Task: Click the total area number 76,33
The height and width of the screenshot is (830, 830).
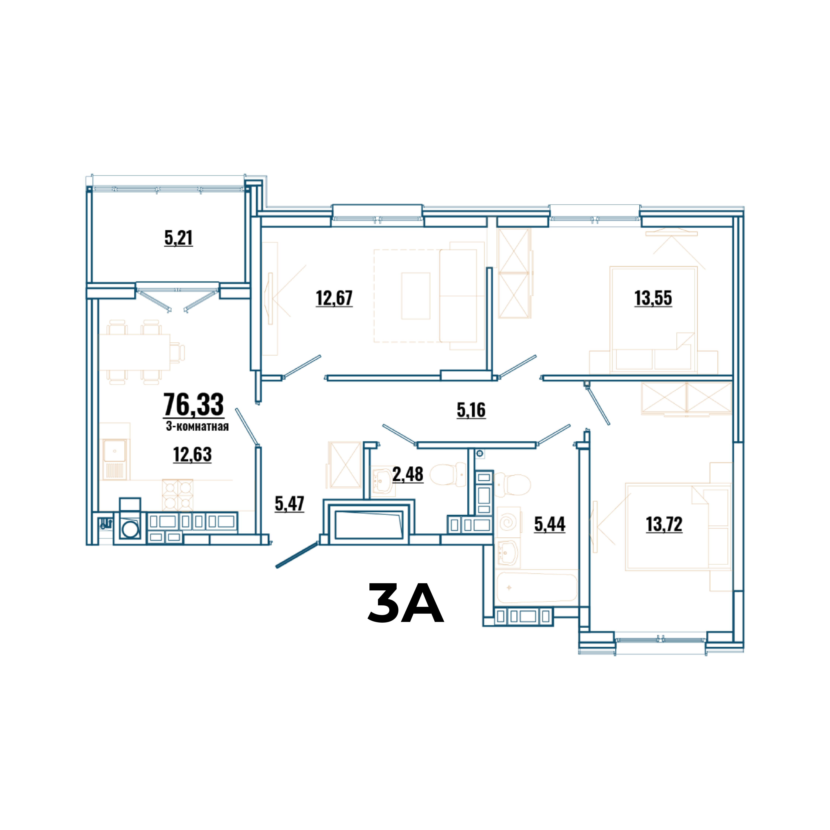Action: (x=194, y=405)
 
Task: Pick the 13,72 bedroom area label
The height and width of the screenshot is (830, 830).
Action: (x=664, y=524)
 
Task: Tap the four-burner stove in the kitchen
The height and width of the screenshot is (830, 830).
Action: (x=177, y=495)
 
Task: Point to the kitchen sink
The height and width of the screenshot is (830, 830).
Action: (x=114, y=459)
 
